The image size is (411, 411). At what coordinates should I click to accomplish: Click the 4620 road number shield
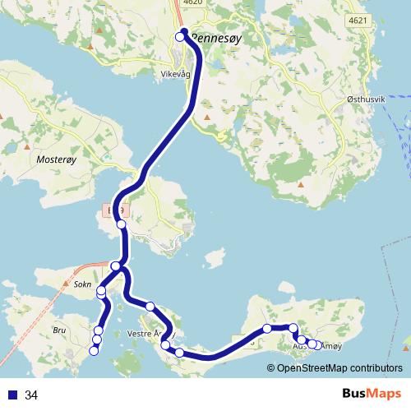coord(192,3)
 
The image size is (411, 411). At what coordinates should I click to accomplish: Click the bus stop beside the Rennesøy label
coord(181,36)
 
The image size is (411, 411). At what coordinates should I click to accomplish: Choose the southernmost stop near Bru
coord(93,352)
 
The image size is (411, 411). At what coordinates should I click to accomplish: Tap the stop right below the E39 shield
coord(121,224)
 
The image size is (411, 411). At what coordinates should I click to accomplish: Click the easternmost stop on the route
coord(317,344)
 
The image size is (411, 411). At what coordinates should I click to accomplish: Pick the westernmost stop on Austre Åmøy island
coord(267,329)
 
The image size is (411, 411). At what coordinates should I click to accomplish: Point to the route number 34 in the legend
coord(31,396)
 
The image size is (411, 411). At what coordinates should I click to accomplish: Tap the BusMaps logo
coord(372,395)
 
